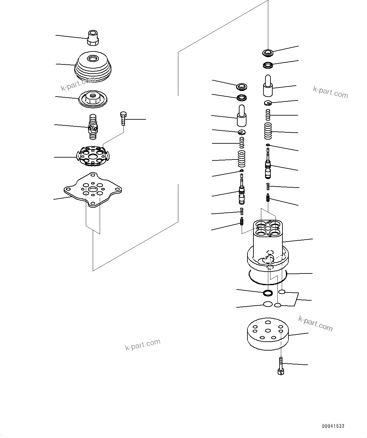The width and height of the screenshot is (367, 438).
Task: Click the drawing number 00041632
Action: (x=333, y=426)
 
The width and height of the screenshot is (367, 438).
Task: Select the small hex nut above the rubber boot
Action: (x=93, y=38)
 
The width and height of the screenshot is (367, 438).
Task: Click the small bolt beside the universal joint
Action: (x=123, y=118)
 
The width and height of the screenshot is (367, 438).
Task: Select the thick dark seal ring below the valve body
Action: (x=268, y=293)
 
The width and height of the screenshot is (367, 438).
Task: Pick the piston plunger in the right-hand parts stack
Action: (x=268, y=86)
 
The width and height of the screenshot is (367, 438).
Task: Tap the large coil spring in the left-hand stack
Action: (x=242, y=159)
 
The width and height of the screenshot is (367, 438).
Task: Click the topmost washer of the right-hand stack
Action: (x=268, y=52)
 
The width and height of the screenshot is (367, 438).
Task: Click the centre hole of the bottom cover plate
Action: (x=268, y=330)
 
